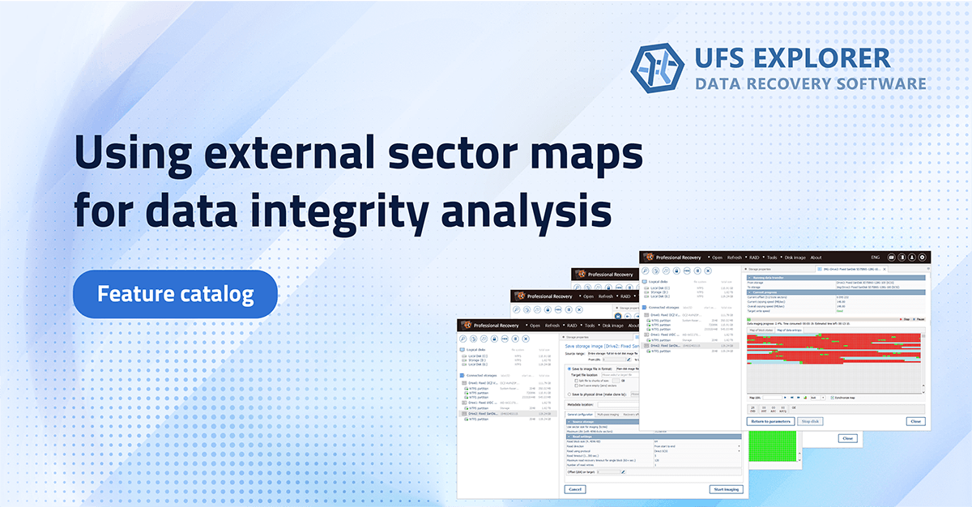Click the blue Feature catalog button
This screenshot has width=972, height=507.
click(x=175, y=294)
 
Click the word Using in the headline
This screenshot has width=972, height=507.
click(x=134, y=153)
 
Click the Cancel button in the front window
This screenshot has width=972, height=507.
click(x=576, y=489)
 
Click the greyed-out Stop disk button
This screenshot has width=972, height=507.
click(x=811, y=421)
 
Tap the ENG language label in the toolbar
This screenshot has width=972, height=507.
click(x=875, y=258)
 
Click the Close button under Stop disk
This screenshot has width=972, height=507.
click(x=915, y=421)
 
